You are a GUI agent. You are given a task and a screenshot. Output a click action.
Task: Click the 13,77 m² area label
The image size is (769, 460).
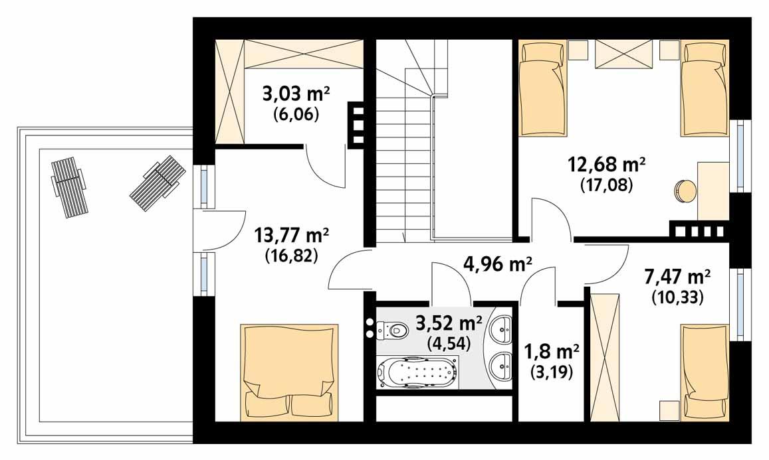(x=292, y=236)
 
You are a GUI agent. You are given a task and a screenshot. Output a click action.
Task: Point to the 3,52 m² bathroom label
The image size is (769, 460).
(x=449, y=324)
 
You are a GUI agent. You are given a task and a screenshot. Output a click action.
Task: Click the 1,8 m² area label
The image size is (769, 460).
(x=551, y=350)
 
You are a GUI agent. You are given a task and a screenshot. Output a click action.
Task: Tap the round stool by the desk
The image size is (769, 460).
(x=685, y=191)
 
